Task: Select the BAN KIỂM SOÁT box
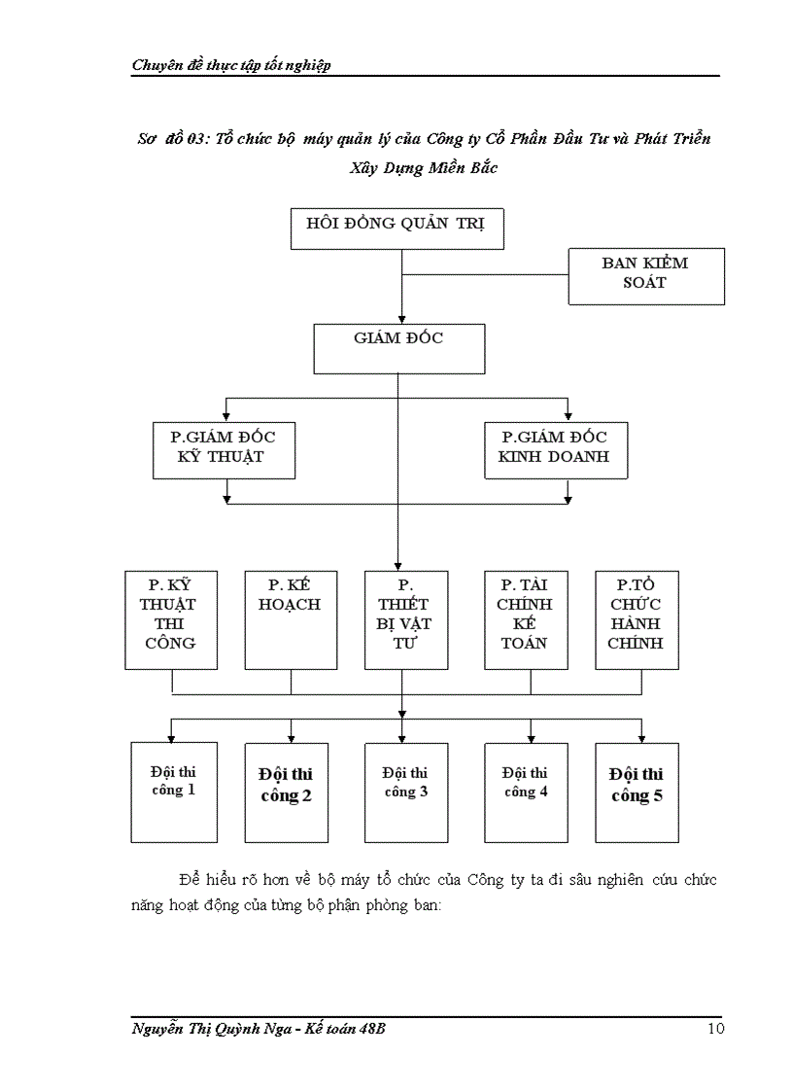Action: coord(646,276)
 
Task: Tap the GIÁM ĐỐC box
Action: coord(398,347)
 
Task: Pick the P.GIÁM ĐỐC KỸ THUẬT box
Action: coord(224,449)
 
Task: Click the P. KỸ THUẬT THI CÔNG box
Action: coord(171,619)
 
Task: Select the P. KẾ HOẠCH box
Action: coord(291,619)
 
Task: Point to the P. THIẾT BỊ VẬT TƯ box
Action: coord(406,619)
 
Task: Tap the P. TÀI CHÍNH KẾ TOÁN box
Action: coord(526,619)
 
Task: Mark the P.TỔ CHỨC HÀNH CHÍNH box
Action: coord(637,619)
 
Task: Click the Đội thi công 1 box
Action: coord(173,792)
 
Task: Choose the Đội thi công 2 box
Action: coord(286,792)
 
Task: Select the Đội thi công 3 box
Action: coord(406,792)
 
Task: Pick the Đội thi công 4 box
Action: coord(526,792)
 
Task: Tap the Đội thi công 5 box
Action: coord(637,792)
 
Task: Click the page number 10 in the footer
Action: coord(715,1030)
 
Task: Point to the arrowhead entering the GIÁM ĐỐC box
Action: coord(401,319)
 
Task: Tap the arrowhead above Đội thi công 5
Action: coord(641,737)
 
